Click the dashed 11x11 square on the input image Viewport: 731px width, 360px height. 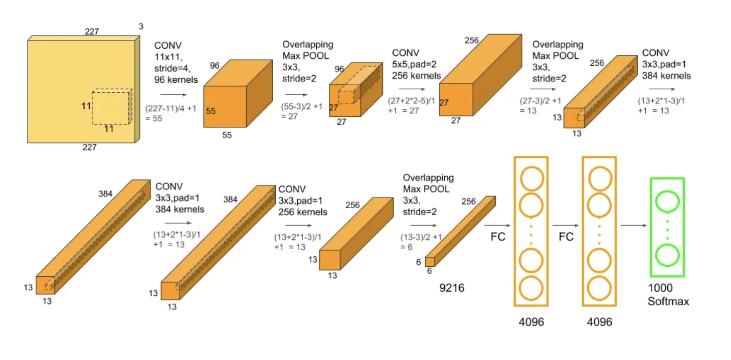point(111,107)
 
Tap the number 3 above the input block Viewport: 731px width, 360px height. point(140,26)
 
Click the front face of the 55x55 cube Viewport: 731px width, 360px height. point(225,107)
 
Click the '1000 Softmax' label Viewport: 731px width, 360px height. point(668,295)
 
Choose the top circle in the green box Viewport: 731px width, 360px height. point(667,202)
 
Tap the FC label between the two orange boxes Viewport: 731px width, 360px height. point(566,237)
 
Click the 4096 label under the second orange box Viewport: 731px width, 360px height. point(599,322)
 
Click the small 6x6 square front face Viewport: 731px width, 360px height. point(430,262)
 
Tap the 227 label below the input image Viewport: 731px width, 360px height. point(89,147)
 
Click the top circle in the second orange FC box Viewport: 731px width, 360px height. point(600,177)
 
